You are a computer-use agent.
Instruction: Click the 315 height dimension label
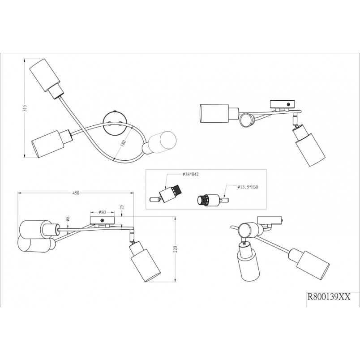[x=25, y=108]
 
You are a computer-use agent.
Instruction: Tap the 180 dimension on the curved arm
[x=123, y=143]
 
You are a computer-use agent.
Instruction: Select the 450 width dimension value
[x=76, y=193]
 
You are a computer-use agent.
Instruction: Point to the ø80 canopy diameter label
[x=103, y=212]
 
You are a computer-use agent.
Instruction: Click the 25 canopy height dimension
[x=122, y=207]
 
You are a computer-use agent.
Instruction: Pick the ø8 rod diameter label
[x=68, y=219]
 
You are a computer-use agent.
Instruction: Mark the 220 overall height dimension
[x=176, y=249]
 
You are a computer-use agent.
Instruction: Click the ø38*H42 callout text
[x=191, y=175]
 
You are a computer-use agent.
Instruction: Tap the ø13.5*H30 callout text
[x=248, y=187]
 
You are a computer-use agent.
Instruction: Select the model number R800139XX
[x=329, y=297]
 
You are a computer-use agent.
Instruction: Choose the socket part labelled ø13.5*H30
[x=213, y=199]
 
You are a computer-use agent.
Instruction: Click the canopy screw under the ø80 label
[x=102, y=220]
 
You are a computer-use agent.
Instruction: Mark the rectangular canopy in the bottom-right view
[x=270, y=221]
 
